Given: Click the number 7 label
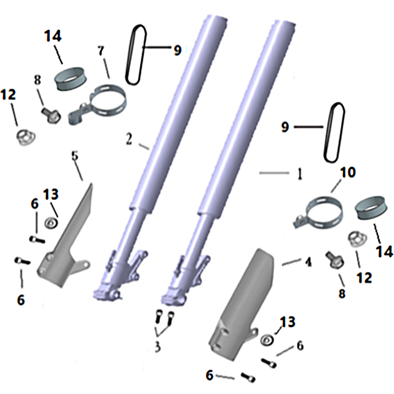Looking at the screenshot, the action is click(101, 51).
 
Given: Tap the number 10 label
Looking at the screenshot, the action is click(348, 172).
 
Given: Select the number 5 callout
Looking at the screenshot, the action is click(75, 156).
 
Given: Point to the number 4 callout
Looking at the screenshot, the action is click(308, 262).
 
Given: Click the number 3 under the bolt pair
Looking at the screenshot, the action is click(158, 347).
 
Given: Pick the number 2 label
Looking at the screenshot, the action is click(129, 139).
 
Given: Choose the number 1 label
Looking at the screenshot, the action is click(299, 174).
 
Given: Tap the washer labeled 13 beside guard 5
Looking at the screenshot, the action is click(51, 223).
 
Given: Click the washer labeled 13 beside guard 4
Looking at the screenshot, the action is click(267, 340).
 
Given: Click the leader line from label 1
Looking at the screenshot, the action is click(274, 173).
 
